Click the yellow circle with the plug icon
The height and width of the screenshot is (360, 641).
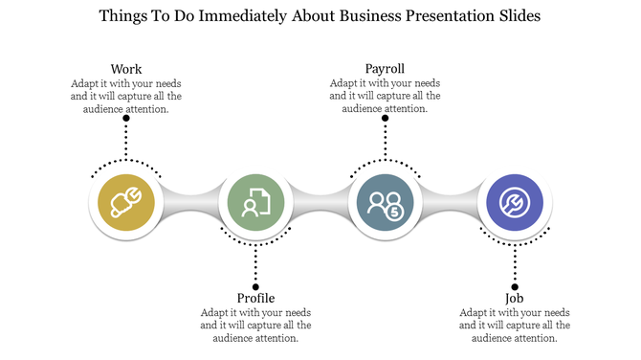[126, 203]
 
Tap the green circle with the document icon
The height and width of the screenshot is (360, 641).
[255, 203]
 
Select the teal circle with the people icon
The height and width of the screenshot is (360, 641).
[385, 203]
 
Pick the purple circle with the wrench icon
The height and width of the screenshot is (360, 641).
[515, 203]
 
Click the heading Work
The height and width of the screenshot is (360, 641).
[126, 69]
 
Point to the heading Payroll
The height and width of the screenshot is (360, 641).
[385, 69]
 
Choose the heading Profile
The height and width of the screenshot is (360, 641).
[255, 298]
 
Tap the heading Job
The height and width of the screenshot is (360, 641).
[515, 298]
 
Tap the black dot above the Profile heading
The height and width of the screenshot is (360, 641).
[255, 285]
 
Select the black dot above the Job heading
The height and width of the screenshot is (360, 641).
[515, 285]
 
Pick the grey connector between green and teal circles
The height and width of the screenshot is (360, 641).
[320, 203]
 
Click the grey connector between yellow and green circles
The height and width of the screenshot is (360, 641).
[191, 203]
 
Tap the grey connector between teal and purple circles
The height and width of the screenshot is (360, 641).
[450, 203]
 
